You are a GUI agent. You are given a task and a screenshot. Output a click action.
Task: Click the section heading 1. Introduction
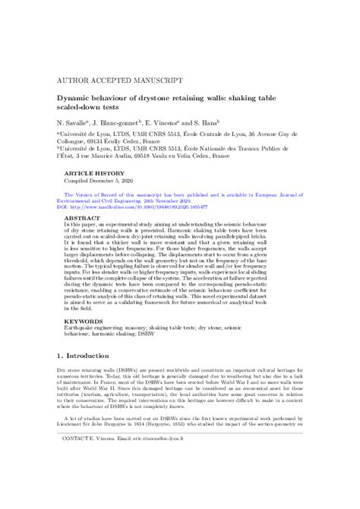(88, 377)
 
